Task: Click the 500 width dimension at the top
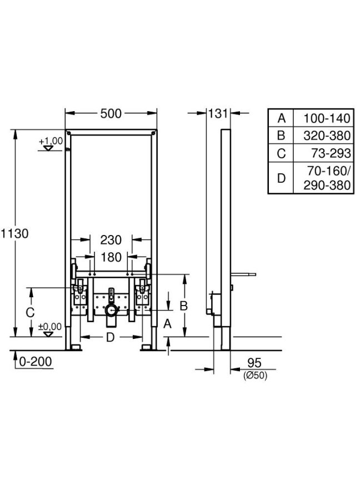(x=111, y=113)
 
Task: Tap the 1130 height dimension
(x=14, y=233)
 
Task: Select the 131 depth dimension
(x=218, y=113)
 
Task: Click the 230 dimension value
(x=111, y=240)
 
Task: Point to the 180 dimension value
(x=111, y=257)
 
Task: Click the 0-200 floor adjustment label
(x=36, y=362)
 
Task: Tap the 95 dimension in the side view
(x=254, y=363)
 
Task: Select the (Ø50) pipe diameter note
(x=256, y=376)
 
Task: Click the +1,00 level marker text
(x=51, y=141)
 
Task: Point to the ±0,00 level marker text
(x=50, y=327)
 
